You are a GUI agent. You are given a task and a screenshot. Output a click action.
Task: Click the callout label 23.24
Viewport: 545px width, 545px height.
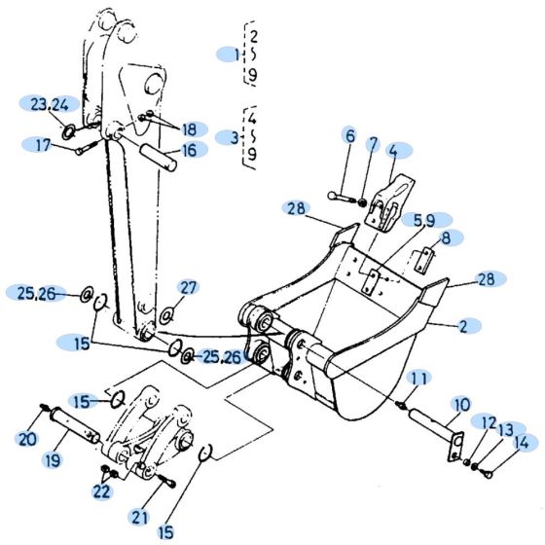[48, 105]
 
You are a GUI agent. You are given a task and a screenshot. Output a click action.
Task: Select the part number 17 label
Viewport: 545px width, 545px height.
[42, 145]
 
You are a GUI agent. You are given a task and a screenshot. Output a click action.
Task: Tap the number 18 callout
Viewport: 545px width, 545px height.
[188, 129]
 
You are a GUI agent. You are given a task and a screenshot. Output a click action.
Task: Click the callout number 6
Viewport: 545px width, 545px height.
[349, 136]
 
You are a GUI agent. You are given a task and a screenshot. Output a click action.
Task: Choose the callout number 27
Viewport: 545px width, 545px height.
[189, 286]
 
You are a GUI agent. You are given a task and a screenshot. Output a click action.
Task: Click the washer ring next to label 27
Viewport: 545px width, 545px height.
[166, 314]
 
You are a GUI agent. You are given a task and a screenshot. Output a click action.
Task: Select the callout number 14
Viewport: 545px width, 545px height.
[522, 443]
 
